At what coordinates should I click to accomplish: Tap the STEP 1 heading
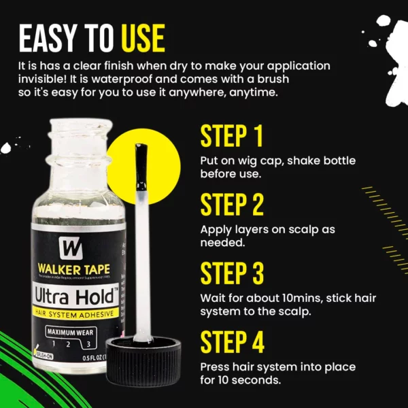click(x=231, y=136)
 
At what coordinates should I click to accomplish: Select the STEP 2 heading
click(x=232, y=204)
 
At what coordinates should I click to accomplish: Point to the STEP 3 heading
click(x=232, y=273)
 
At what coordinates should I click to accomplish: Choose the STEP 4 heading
click(x=232, y=341)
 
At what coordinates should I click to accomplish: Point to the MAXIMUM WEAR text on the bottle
click(x=71, y=332)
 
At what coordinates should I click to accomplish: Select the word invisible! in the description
click(x=44, y=80)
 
